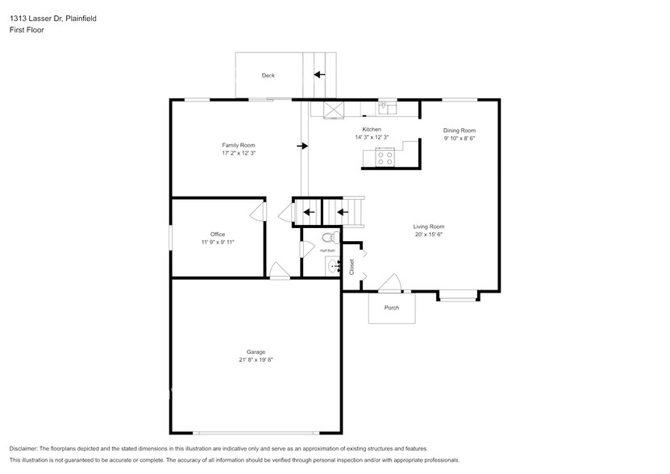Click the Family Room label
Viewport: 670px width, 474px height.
[x=239, y=144]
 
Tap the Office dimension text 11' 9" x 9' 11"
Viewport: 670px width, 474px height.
[x=218, y=241]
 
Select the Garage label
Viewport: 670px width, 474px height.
[x=256, y=351]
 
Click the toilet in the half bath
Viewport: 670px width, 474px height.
[x=328, y=238]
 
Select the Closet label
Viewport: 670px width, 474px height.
[x=352, y=267]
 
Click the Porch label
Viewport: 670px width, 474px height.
[x=392, y=307]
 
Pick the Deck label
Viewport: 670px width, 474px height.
[x=268, y=76]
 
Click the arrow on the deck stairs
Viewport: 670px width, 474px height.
[x=319, y=75]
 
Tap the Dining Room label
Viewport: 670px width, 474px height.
[x=460, y=131]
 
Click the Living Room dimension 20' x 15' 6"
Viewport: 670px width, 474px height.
[x=429, y=235]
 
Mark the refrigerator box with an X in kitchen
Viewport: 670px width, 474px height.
[x=334, y=110]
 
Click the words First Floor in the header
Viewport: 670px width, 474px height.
[x=27, y=30]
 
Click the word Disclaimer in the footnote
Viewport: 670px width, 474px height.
[x=25, y=448]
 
